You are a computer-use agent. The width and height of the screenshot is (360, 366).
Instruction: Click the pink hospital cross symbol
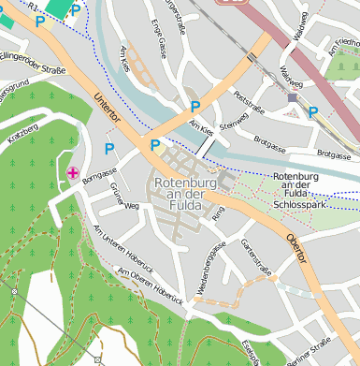click(73, 171)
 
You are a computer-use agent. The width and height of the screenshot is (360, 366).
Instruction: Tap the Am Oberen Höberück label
click(145, 283)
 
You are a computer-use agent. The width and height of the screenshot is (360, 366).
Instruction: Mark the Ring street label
click(218, 214)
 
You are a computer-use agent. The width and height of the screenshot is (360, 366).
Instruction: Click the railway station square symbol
click(293, 96)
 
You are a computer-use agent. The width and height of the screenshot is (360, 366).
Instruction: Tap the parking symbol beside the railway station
click(313, 112)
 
